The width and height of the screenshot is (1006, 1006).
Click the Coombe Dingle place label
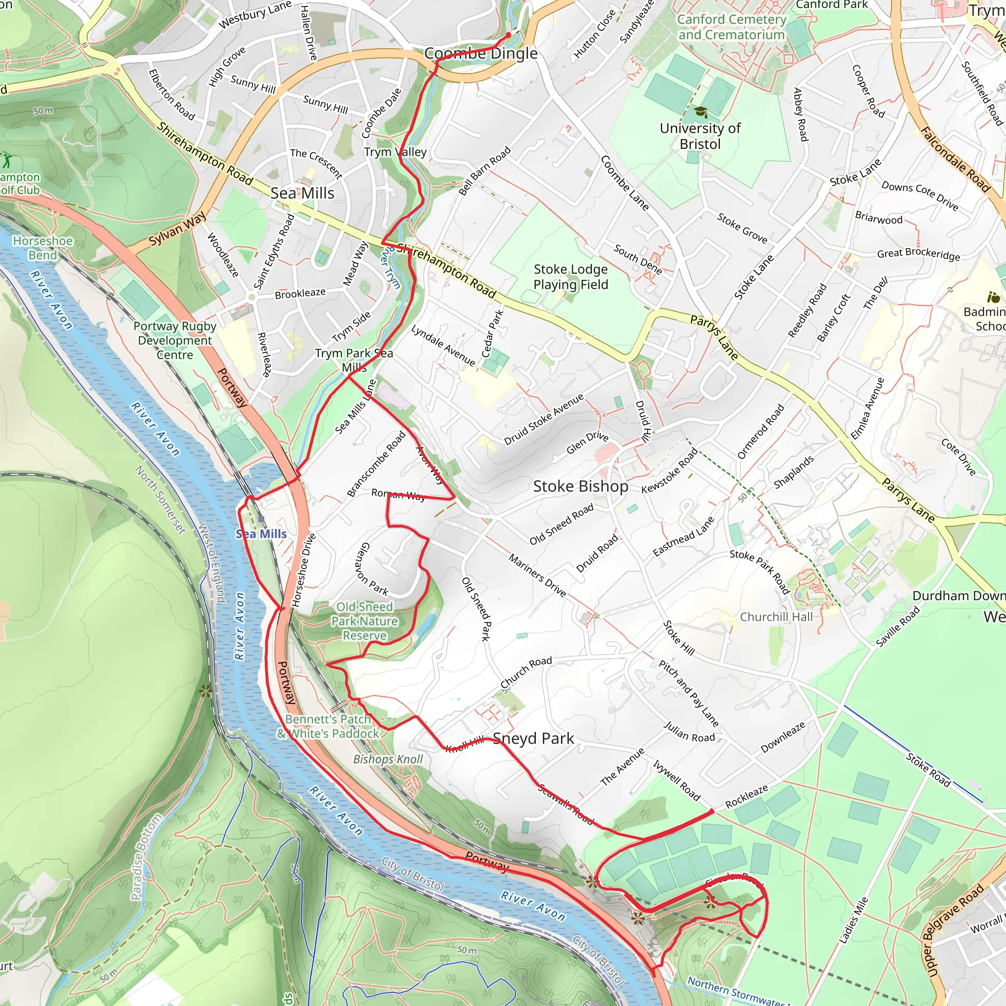point(480,53)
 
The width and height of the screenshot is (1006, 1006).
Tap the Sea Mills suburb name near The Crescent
point(303,193)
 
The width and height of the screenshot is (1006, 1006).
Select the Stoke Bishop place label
point(581,486)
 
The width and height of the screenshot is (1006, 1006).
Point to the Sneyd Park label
point(533,738)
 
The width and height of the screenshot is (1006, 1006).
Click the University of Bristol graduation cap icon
point(701,112)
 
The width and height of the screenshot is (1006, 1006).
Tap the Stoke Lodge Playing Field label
point(571,277)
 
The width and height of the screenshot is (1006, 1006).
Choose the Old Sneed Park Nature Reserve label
point(364,621)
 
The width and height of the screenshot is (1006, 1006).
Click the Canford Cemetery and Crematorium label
point(731,27)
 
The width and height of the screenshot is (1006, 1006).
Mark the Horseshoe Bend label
point(43,248)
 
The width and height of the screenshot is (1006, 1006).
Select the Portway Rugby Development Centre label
point(175,340)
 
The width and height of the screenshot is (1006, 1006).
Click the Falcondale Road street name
point(955,160)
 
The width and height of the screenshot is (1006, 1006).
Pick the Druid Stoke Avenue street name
point(544,419)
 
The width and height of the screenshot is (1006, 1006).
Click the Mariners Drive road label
point(537,575)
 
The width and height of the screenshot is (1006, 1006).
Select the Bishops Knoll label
point(388,759)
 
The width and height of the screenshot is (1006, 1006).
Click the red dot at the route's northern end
point(509,35)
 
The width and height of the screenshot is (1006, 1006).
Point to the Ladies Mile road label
point(854,920)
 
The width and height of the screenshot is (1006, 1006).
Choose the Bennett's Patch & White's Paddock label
point(328,727)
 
